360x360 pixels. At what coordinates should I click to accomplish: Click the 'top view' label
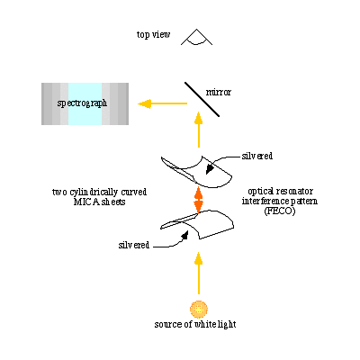pyautogui.click(x=153, y=34)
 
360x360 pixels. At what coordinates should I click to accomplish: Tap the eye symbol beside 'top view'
pyautogui.click(x=196, y=39)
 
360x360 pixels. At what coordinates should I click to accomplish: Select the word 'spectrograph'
pyautogui.click(x=82, y=103)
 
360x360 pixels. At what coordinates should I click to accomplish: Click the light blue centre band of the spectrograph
pyautogui.click(x=85, y=103)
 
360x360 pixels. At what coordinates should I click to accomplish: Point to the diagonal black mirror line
pyautogui.click(x=202, y=99)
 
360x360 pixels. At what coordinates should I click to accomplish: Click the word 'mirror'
pyautogui.click(x=219, y=92)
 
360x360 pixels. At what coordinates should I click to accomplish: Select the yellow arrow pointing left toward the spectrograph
pyautogui.click(x=162, y=103)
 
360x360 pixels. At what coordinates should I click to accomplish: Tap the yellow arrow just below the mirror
pyautogui.click(x=198, y=130)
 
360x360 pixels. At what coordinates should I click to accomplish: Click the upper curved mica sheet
pyautogui.click(x=196, y=172)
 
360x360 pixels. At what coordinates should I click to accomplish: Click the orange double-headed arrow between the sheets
pyautogui.click(x=198, y=199)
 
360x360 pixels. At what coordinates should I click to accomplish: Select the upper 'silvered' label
pyautogui.click(x=257, y=156)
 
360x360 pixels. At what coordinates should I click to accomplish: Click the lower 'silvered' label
pyautogui.click(x=134, y=245)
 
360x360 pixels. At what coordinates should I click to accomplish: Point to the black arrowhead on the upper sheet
pyautogui.click(x=210, y=169)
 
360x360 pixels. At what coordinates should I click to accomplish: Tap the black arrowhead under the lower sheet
pyautogui.click(x=184, y=236)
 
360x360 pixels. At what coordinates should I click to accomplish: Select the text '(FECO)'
pyautogui.click(x=280, y=211)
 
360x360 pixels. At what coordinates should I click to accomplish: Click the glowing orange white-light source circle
pyautogui.click(x=199, y=309)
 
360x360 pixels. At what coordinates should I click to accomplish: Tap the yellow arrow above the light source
pyautogui.click(x=198, y=274)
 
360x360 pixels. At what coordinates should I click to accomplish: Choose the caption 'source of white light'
pyautogui.click(x=195, y=325)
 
